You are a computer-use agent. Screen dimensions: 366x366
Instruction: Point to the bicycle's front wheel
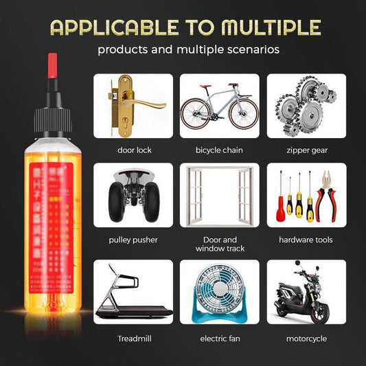coord(244,114)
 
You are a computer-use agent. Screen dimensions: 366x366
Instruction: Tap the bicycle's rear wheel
coord(196,114)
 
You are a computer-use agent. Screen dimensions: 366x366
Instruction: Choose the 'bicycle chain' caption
coord(219,150)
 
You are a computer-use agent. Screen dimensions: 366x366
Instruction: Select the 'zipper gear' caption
coord(306,150)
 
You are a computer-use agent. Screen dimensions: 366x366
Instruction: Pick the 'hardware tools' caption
coord(306,239)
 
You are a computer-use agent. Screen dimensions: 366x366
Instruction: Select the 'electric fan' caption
coord(219,339)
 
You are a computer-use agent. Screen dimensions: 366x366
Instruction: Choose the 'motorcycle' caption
coord(306,339)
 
